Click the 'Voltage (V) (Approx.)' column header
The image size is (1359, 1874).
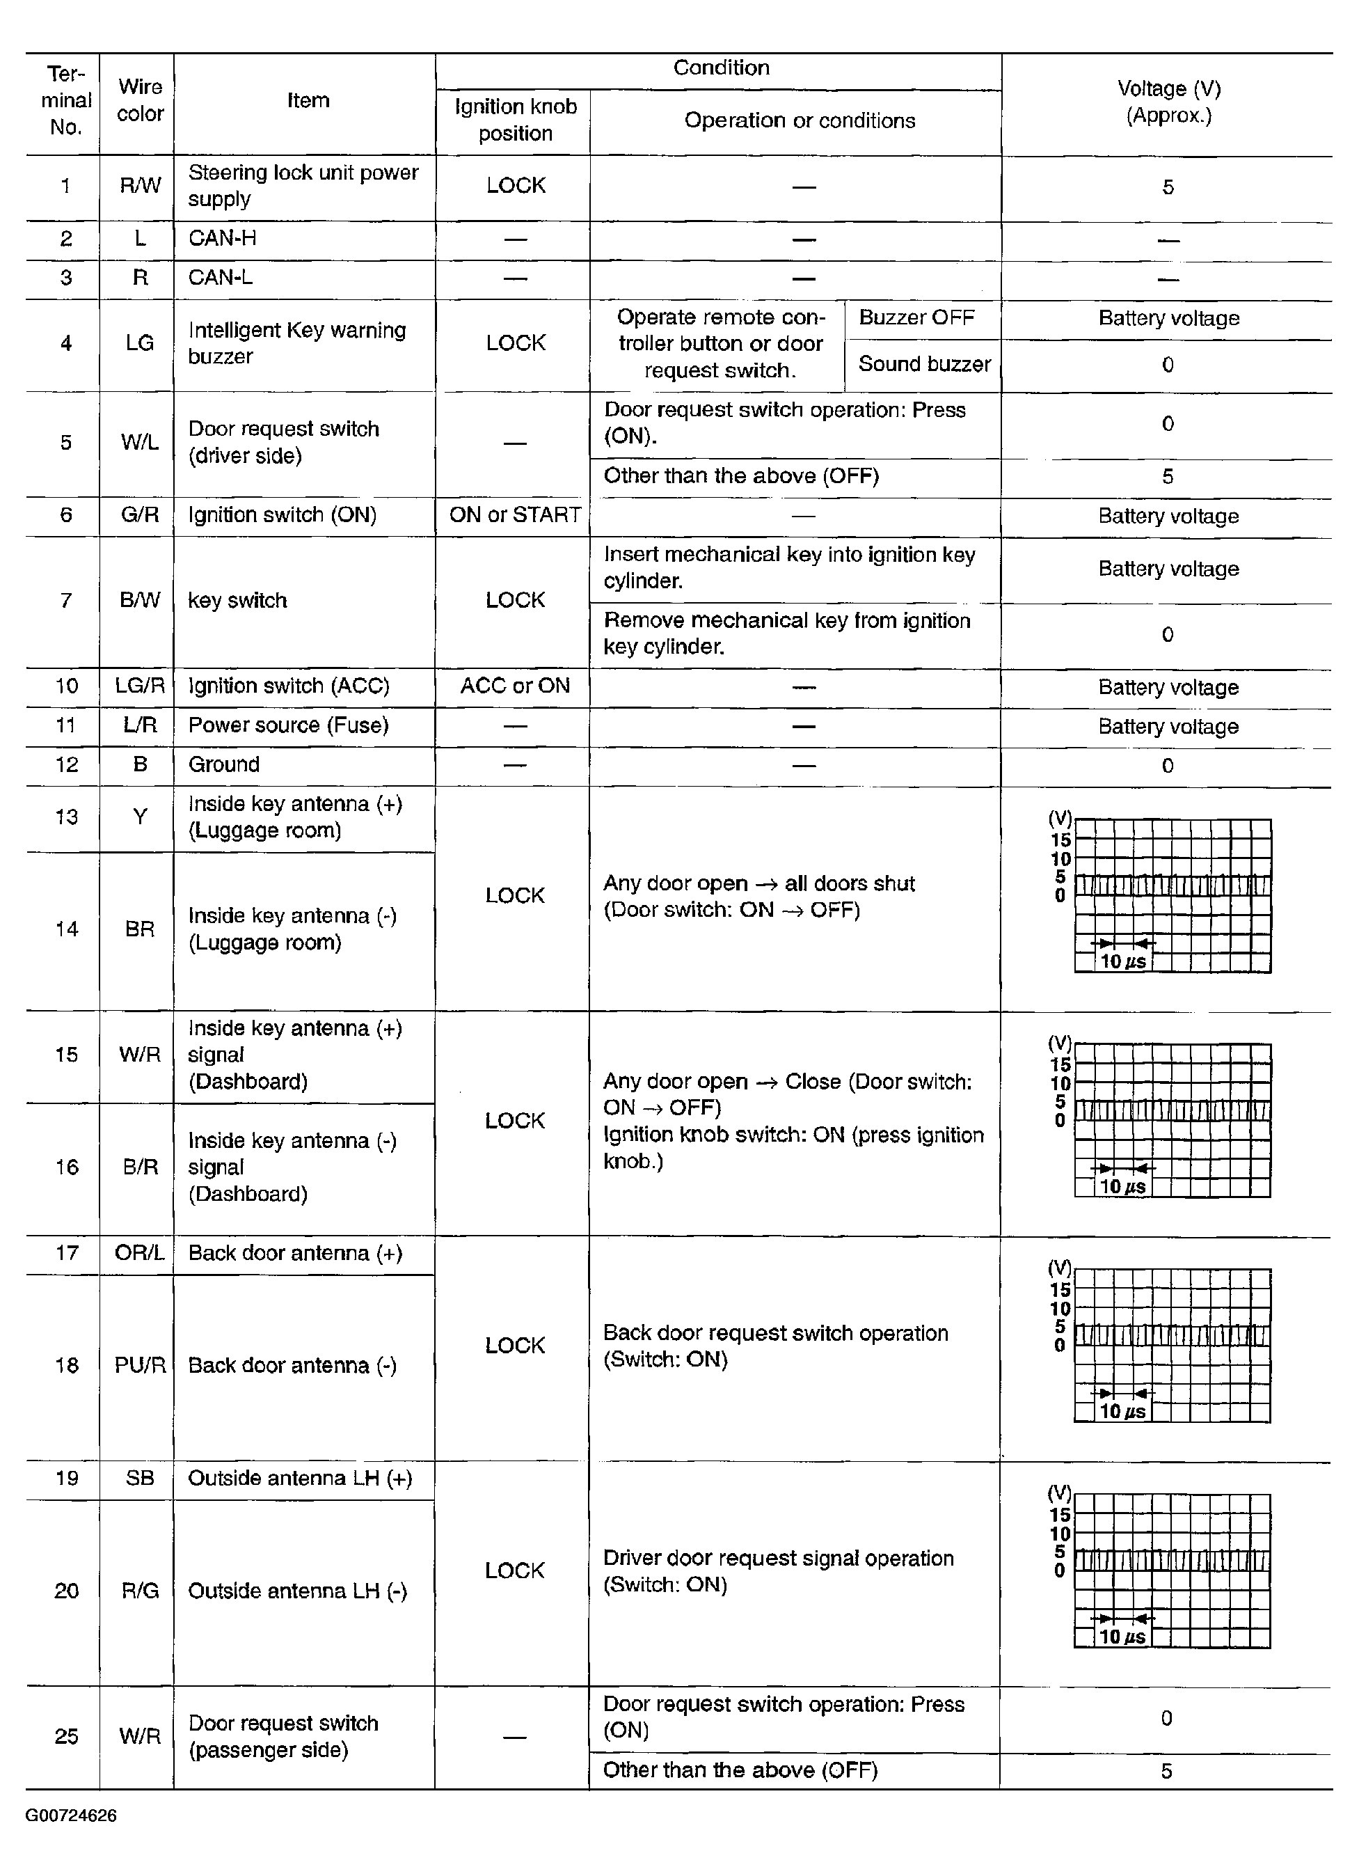[x=1168, y=102]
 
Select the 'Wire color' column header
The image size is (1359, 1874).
[x=140, y=100]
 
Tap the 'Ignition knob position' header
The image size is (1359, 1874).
[x=515, y=120]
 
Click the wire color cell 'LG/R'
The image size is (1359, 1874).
[x=140, y=686]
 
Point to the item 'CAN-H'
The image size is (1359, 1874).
[x=222, y=238]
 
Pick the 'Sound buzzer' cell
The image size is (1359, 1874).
[x=923, y=363]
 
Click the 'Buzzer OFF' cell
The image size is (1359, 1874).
[x=916, y=317]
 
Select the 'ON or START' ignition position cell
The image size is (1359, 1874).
[x=515, y=514]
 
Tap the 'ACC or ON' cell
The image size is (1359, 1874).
[x=515, y=686]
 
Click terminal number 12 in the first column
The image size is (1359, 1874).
[x=66, y=764]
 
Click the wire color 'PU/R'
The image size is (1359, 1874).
[x=140, y=1365]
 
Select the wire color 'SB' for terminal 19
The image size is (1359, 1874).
[x=140, y=1477]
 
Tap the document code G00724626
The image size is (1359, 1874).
[x=71, y=1816]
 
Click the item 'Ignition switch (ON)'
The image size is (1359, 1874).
[x=282, y=514]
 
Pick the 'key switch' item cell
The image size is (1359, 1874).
[x=237, y=600]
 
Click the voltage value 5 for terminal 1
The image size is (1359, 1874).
[x=1168, y=187]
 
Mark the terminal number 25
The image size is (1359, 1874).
[x=66, y=1736]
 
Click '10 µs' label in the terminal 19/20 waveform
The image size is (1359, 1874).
[x=1122, y=1636]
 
